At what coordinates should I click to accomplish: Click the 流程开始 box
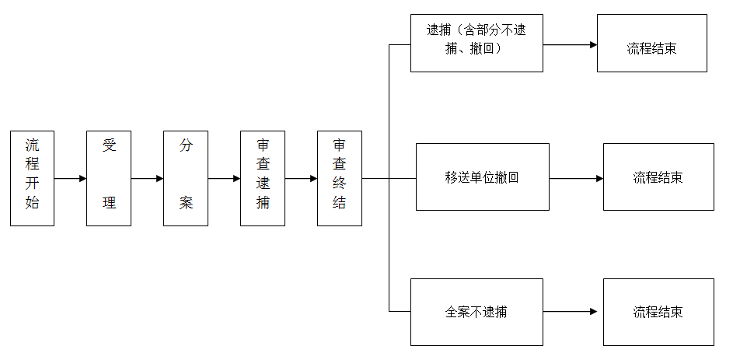[32, 178]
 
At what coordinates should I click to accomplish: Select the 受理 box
[109, 178]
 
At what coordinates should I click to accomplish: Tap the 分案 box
[186, 178]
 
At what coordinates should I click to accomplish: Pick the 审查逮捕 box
[263, 178]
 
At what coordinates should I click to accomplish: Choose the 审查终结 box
[340, 178]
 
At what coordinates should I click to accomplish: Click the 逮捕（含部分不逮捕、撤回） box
[476, 43]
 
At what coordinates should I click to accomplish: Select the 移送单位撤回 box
[483, 177]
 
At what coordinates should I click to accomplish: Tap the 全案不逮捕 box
[476, 312]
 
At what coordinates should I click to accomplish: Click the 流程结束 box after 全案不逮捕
[658, 312]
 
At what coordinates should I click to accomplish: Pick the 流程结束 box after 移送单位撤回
[658, 177]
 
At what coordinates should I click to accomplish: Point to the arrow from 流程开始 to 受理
[70, 178]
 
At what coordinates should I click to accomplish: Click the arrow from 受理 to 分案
[147, 178]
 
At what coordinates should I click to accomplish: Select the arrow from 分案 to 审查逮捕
[224, 178]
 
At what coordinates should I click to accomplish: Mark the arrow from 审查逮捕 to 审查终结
[301, 178]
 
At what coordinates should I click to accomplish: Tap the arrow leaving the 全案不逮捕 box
[571, 311]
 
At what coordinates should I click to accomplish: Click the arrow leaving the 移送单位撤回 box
[576, 178]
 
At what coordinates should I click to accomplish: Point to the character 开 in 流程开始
[32, 183]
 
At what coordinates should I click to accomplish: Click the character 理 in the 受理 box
[109, 202]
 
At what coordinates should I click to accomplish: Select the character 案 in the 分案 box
[186, 202]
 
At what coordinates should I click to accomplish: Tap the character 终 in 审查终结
[340, 183]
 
